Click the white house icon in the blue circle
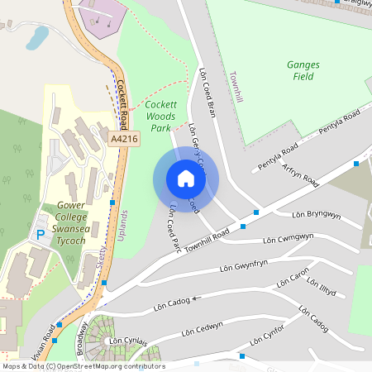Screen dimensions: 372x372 [x=186, y=179]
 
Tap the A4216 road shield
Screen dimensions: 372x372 [x=124, y=141]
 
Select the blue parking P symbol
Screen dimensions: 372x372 [x=40, y=235]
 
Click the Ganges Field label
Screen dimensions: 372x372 [x=303, y=70]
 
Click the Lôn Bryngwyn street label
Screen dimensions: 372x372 [x=316, y=215]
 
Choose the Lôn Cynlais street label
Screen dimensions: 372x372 [x=127, y=341]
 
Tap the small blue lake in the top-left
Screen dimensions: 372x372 [x=37, y=36]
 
